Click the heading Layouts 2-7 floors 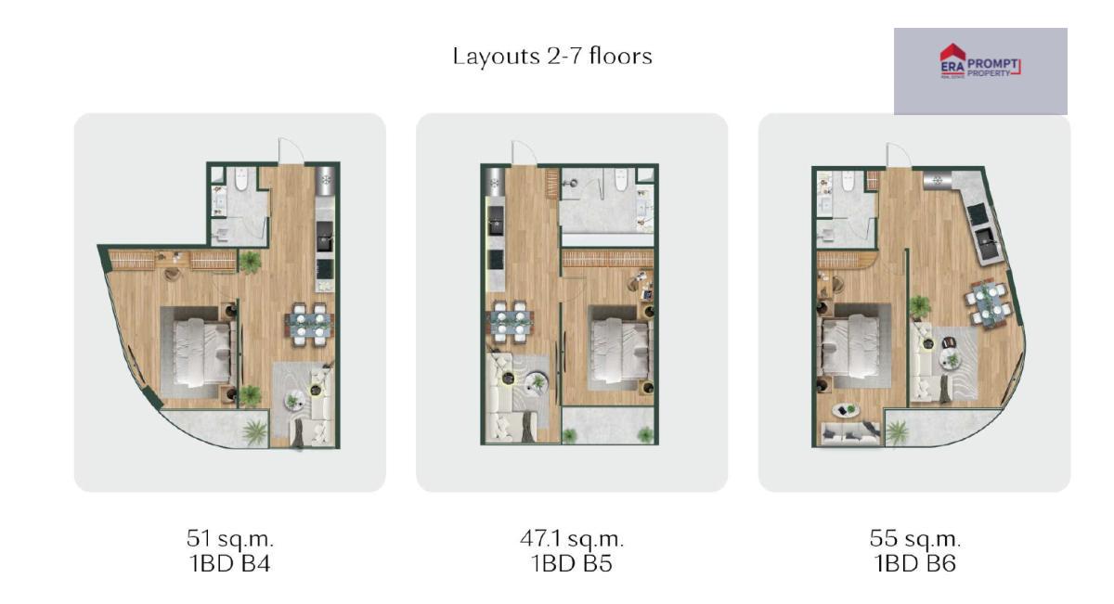click(x=552, y=57)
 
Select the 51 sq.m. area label click(x=230, y=538)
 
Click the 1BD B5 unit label click(x=572, y=564)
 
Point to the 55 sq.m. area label click(x=914, y=538)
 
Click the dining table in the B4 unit click(x=309, y=325)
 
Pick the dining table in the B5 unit click(x=511, y=322)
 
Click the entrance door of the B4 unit click(x=291, y=149)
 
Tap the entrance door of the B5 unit click(x=525, y=152)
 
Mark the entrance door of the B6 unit click(x=899, y=155)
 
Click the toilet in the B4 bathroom click(x=241, y=180)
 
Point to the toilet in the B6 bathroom click(x=847, y=182)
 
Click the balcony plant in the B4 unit click(x=254, y=431)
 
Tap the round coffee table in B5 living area click(x=538, y=382)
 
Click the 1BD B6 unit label click(x=915, y=564)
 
